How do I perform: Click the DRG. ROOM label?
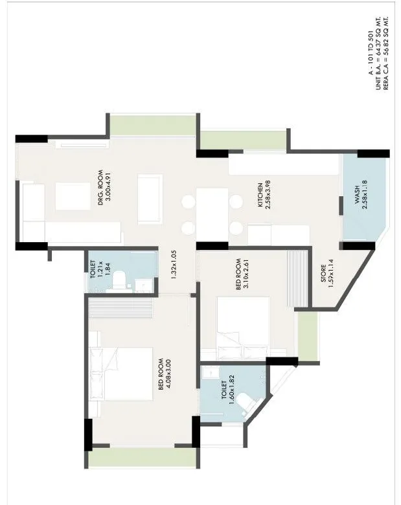point(101,188)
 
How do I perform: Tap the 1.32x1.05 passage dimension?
point(173,264)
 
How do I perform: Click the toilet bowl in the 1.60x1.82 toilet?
point(244,401)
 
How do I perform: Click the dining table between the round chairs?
point(212,214)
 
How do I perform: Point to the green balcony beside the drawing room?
point(152,124)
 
